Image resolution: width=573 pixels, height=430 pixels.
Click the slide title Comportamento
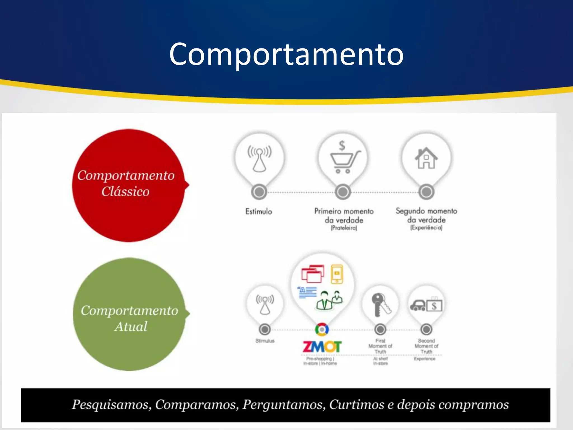tap(286, 54)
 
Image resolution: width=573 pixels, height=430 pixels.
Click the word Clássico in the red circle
tap(125, 192)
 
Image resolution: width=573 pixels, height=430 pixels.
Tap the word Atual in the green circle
tap(131, 327)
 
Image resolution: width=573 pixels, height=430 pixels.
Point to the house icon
tap(426, 158)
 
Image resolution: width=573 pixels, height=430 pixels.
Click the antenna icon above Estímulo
tap(259, 158)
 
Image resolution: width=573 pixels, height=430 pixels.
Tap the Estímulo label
tap(259, 211)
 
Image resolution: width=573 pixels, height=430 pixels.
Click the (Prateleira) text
tap(344, 228)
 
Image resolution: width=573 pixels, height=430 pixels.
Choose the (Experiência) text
tap(426, 228)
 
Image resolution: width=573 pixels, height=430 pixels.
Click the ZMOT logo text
tap(322, 347)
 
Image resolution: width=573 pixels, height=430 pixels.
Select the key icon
tap(380, 305)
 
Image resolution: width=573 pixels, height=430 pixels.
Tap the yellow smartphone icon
tap(337, 274)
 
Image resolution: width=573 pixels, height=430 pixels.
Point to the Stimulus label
tap(265, 341)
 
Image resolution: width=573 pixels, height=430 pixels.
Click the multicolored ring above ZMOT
tap(322, 329)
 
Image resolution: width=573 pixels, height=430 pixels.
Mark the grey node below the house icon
tap(426, 192)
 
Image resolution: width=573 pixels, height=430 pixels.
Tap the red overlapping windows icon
tap(313, 274)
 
